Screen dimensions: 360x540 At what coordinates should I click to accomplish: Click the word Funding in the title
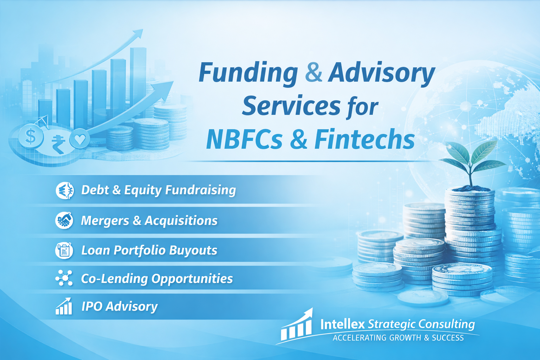coord(248,73)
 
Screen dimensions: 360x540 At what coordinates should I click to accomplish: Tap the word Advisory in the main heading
coord(381,73)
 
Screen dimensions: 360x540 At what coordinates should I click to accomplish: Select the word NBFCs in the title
coord(244,140)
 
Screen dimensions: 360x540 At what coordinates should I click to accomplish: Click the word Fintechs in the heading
coord(364,140)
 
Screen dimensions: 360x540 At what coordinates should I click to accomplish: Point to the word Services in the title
coord(291,106)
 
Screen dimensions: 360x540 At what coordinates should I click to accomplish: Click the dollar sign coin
coord(31,136)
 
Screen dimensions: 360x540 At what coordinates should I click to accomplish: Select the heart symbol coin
coord(80,139)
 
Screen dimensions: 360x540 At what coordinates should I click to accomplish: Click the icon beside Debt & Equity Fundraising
coord(65,191)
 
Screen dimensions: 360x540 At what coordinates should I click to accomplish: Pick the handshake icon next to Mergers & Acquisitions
coord(64,220)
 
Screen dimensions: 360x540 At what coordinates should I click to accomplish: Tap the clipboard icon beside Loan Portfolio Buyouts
coord(64,250)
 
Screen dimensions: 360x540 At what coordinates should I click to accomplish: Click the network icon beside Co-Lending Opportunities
coord(64,278)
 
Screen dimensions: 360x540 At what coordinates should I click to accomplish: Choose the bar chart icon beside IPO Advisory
coord(64,306)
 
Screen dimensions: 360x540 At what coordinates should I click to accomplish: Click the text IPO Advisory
coord(120,306)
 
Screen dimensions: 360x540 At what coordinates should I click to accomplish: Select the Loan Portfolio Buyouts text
coord(149,250)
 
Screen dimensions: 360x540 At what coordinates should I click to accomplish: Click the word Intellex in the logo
coord(342,324)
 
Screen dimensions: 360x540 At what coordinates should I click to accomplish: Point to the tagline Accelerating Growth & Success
coord(398,338)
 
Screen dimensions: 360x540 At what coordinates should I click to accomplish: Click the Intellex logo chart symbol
coord(297,326)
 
